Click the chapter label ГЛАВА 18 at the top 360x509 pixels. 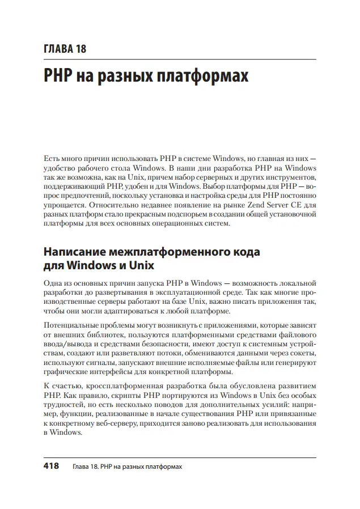click(65, 48)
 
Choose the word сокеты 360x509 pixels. click(302, 357)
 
